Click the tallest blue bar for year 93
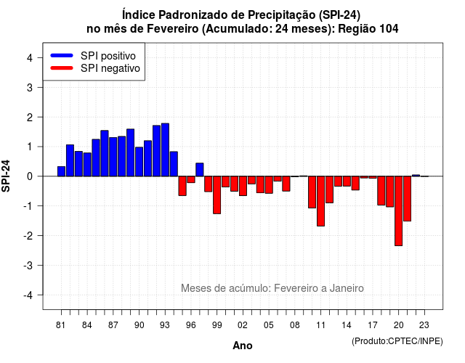165,150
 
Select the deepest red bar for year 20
399,211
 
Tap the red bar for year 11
320,201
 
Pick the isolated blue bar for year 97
200,169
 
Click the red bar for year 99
217,195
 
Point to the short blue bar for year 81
61,171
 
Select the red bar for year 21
407,198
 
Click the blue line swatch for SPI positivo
62,55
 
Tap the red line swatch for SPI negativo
62,68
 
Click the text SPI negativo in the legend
110,68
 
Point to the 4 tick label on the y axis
30,58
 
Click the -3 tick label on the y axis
28,265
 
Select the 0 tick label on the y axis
30,176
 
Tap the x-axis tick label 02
243,325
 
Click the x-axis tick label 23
424,325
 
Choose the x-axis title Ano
243,346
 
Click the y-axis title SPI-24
6,176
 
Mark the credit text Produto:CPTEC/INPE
397,341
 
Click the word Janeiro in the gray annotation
347,288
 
